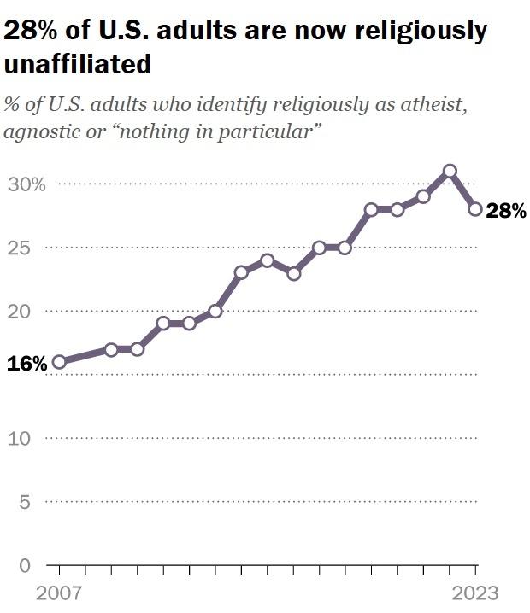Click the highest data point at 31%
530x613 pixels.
tap(450, 171)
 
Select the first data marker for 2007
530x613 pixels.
tap(59, 362)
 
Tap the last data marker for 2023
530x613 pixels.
tap(476, 209)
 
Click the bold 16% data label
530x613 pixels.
tap(26, 364)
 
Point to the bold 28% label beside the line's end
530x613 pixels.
tap(506, 211)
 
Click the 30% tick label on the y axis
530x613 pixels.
tap(27, 184)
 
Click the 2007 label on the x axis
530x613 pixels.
tap(57, 593)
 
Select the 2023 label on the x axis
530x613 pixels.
tap(474, 593)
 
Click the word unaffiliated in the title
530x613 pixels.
tap(78, 64)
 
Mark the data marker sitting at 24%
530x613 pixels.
tap(267, 260)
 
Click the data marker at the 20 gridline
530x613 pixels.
tap(215, 311)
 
